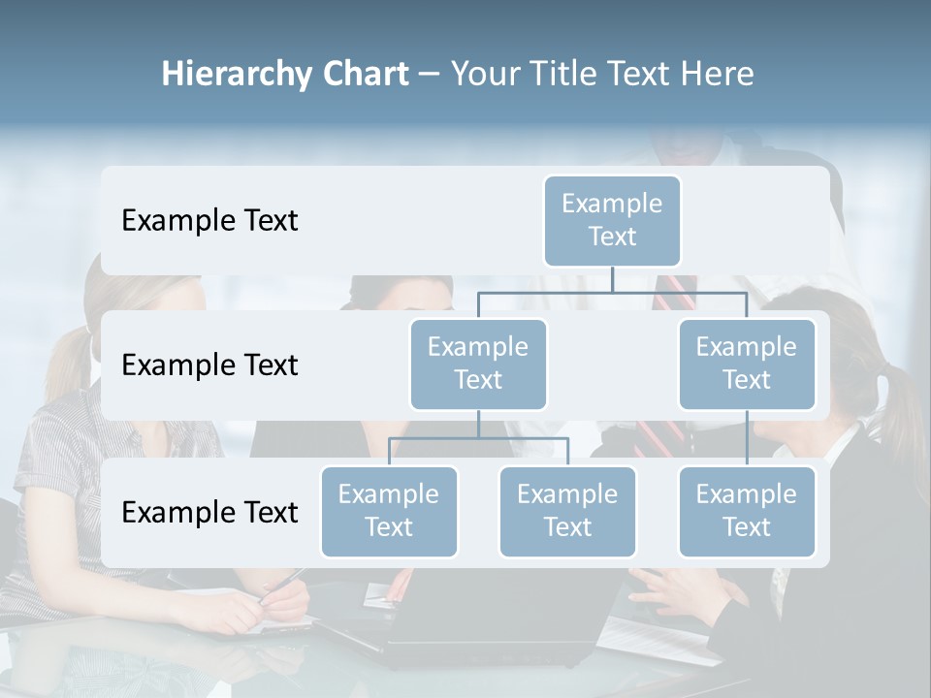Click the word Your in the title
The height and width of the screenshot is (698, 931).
(x=484, y=75)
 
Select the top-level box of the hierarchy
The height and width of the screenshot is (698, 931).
(x=612, y=220)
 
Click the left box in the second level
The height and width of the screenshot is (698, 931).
(x=478, y=364)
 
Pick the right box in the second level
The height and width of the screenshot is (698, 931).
(x=747, y=364)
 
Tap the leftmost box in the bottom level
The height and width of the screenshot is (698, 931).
(x=389, y=511)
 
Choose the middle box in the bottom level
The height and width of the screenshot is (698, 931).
(x=567, y=511)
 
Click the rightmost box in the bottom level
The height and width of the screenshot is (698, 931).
(x=747, y=511)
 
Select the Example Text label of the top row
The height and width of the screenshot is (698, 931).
(x=209, y=221)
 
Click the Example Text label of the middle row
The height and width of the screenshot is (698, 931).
(x=209, y=365)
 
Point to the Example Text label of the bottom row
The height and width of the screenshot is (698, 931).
(x=209, y=513)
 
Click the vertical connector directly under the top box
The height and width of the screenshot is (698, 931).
(x=612, y=279)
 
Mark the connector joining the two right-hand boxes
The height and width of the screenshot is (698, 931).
(x=747, y=438)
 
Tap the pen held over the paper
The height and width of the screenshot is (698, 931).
(x=281, y=584)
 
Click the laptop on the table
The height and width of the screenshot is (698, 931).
(x=504, y=620)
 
